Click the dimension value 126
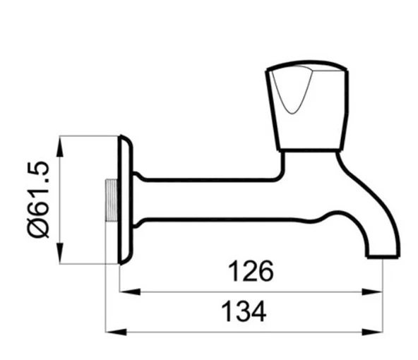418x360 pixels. (251, 272)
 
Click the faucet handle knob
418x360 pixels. (306, 107)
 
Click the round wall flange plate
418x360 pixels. (124, 200)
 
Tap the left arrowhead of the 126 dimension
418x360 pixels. (124, 290)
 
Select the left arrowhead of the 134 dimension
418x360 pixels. (110, 330)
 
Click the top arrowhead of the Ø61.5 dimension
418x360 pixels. (61, 140)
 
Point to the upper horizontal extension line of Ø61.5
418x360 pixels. (88, 136)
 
